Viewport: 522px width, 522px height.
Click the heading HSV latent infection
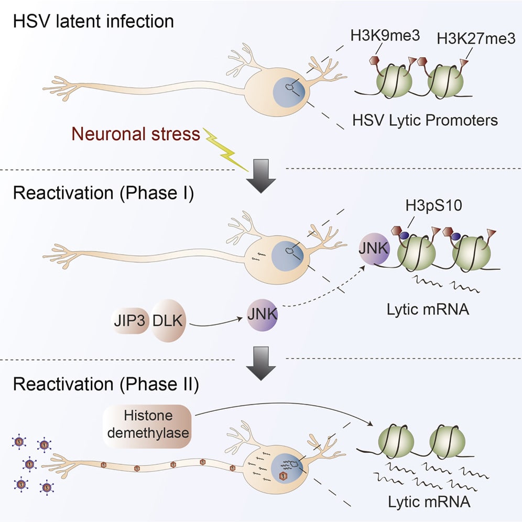pos(93,22)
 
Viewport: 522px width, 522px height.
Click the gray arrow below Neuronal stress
pos(260,176)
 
